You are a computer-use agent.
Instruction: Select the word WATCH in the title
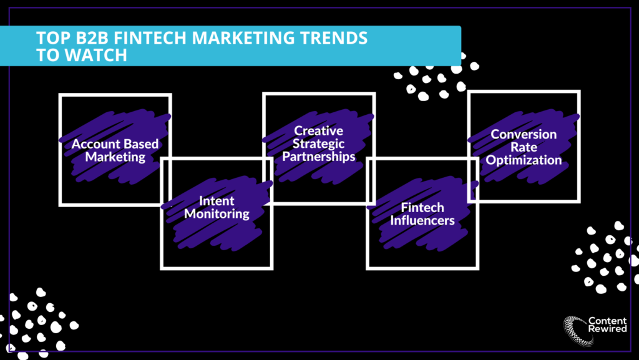(x=96, y=56)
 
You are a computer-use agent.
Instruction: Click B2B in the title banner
(x=89, y=38)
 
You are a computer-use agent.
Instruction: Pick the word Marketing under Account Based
(x=115, y=157)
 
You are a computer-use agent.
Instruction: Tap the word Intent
(x=217, y=201)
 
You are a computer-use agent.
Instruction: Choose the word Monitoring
(x=217, y=214)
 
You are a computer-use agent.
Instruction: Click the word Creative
(x=319, y=131)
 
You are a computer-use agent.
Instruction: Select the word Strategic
(x=319, y=144)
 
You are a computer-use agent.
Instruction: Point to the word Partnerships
(x=319, y=157)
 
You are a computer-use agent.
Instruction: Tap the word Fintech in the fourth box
(x=422, y=208)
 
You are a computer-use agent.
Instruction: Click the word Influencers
(x=422, y=221)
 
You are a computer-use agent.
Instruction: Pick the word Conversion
(x=524, y=134)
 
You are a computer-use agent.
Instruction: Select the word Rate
(x=524, y=147)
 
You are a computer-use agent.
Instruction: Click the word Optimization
(x=524, y=160)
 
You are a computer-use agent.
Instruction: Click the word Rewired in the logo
(x=607, y=329)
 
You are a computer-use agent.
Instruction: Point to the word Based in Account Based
(x=139, y=144)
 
